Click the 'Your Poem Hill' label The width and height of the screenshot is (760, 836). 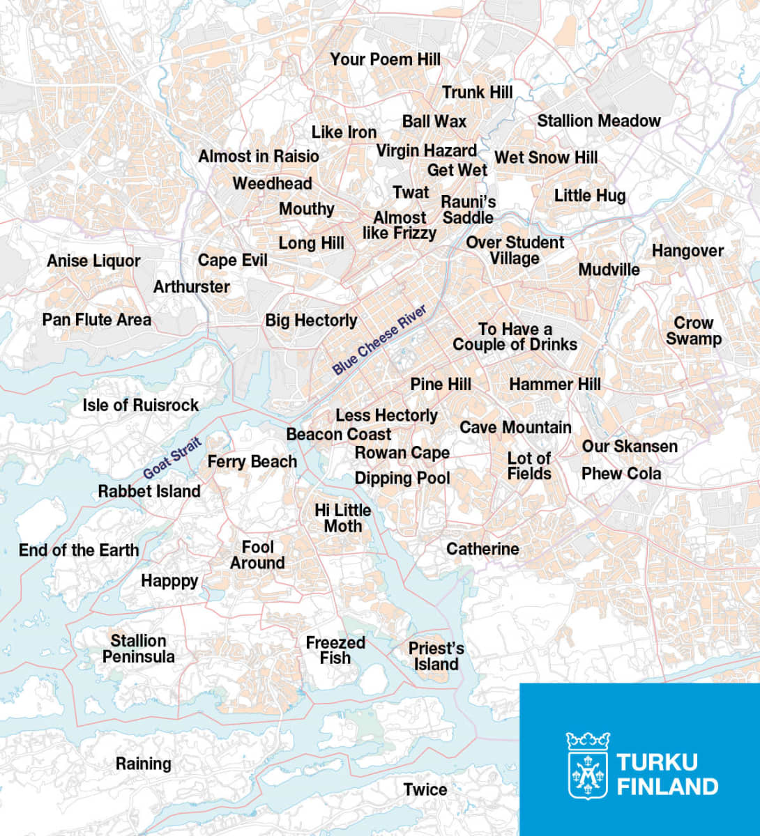tap(385, 59)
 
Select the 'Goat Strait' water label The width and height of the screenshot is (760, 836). tap(172, 457)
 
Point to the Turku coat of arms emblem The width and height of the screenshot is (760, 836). tap(587, 765)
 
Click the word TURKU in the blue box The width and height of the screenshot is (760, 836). tap(657, 761)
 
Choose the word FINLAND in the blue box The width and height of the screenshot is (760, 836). tap(667, 787)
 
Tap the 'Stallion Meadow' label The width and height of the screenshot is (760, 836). tap(598, 121)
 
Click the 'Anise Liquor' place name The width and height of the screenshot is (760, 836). tap(93, 261)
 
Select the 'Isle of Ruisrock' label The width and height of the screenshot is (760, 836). tap(140, 405)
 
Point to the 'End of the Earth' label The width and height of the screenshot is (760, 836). tap(79, 550)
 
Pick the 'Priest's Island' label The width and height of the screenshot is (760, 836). tap(436, 656)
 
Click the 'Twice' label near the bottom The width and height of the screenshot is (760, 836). tap(425, 789)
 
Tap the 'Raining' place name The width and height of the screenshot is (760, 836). tap(143, 764)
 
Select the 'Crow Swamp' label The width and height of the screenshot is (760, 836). tap(693, 331)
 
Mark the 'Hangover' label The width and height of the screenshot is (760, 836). tap(687, 251)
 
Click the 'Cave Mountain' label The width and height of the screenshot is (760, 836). tap(515, 427)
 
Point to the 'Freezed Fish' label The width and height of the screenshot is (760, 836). tap(335, 650)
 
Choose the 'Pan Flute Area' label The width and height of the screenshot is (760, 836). tap(96, 320)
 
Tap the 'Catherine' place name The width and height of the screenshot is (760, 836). tap(482, 549)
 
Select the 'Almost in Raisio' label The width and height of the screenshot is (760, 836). tap(259, 156)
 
